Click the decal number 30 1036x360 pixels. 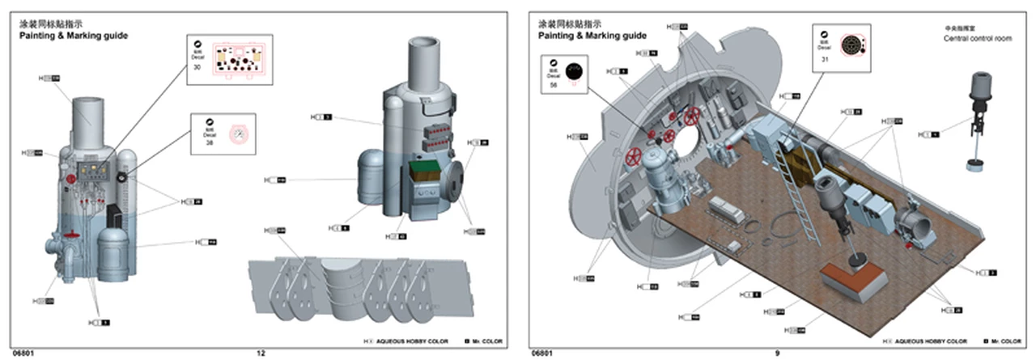pyautogui.click(x=197, y=67)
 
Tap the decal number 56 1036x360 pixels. pyautogui.click(x=553, y=84)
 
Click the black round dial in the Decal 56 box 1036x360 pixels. pyautogui.click(x=574, y=72)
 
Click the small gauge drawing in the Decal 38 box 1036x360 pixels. pyautogui.click(x=237, y=133)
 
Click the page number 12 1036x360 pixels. pyautogui.click(x=261, y=353)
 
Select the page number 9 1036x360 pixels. pyautogui.click(x=777, y=353)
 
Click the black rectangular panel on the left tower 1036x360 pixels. pyautogui.click(x=113, y=218)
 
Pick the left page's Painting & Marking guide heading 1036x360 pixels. pyautogui.click(x=74, y=36)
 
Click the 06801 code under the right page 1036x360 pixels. pyautogui.click(x=543, y=353)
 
